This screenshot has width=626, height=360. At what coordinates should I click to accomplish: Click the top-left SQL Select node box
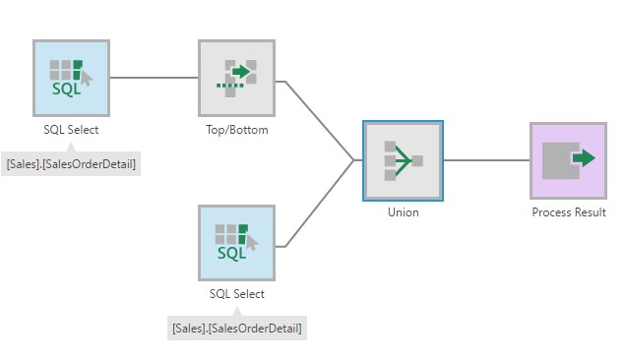click(71, 78)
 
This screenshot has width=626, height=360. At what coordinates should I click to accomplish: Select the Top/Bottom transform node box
click(237, 78)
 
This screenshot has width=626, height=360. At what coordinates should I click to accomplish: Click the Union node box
click(403, 160)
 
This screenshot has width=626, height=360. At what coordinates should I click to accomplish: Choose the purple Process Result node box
click(569, 160)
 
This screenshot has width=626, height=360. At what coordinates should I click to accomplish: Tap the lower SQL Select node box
click(237, 243)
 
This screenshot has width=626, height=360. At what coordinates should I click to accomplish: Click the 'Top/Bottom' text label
click(237, 130)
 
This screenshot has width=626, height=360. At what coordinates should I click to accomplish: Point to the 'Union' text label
click(404, 211)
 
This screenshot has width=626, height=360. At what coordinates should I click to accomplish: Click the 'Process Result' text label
click(569, 211)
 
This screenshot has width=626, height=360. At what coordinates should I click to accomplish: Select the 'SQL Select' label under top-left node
click(71, 130)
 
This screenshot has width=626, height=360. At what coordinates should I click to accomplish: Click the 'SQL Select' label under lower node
click(237, 294)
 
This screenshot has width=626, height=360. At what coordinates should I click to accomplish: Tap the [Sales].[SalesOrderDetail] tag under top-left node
click(71, 164)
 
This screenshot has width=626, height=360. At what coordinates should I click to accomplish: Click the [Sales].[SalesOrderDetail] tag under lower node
click(237, 329)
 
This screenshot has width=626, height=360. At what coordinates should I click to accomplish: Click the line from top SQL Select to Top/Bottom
click(155, 78)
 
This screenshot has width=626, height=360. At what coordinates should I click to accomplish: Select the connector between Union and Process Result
click(486, 160)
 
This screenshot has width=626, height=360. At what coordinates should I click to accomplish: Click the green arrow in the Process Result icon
click(584, 158)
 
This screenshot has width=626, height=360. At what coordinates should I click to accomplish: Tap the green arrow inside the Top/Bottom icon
click(241, 72)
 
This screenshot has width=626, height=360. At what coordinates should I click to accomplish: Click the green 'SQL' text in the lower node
click(231, 253)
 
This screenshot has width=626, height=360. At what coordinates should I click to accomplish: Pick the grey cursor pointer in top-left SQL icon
click(87, 79)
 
